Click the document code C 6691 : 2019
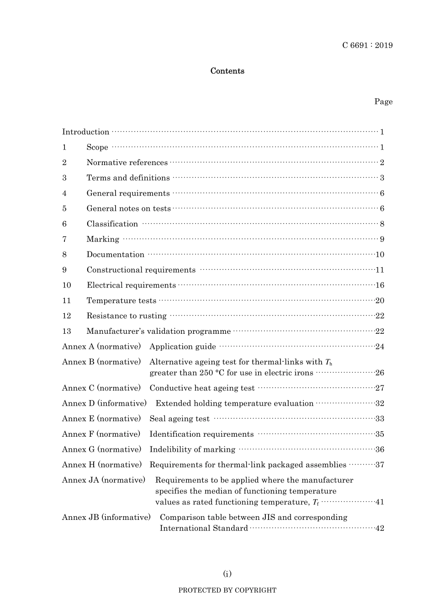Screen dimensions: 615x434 [x=367, y=45]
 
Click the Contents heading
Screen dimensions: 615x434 [x=227, y=71]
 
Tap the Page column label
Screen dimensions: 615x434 [x=383, y=102]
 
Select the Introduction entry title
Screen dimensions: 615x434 [x=85, y=132]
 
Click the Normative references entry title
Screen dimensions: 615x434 [x=127, y=163]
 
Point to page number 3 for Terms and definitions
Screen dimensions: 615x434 [x=382, y=178]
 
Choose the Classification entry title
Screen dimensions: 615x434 [x=112, y=224]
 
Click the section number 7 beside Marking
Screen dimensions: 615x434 [x=64, y=239]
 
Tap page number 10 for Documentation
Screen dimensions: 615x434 [x=380, y=255]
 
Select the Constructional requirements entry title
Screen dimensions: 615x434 [x=141, y=270]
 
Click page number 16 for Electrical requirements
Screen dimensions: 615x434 [x=380, y=285]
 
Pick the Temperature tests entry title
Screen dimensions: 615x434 [x=121, y=301]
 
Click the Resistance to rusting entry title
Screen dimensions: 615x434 [x=127, y=316]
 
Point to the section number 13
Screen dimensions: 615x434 [x=67, y=332]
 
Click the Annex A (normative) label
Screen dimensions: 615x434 [x=101, y=347]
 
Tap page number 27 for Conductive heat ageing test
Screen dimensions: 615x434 [x=380, y=388]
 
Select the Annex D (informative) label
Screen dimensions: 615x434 [x=104, y=403]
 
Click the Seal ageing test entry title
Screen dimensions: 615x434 [x=179, y=419]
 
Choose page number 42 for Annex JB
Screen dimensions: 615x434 [x=380, y=529]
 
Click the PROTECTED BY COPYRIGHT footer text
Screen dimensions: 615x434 [x=227, y=590]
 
